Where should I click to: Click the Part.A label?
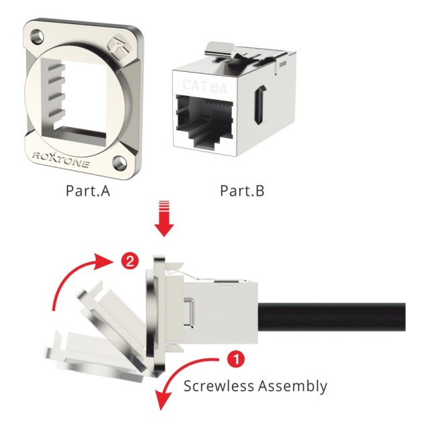point(88,190)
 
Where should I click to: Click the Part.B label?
point(242,190)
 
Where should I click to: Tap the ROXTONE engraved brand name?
point(61,160)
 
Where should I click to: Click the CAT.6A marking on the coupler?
point(204,86)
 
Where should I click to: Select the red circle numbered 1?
point(236,359)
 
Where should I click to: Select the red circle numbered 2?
point(130,261)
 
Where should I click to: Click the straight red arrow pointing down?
point(164,219)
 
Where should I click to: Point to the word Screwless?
point(219,386)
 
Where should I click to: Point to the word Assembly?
point(293,387)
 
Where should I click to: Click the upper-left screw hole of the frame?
point(37,36)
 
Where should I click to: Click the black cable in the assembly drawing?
point(332,317)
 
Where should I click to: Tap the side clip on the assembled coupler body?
point(189,312)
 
